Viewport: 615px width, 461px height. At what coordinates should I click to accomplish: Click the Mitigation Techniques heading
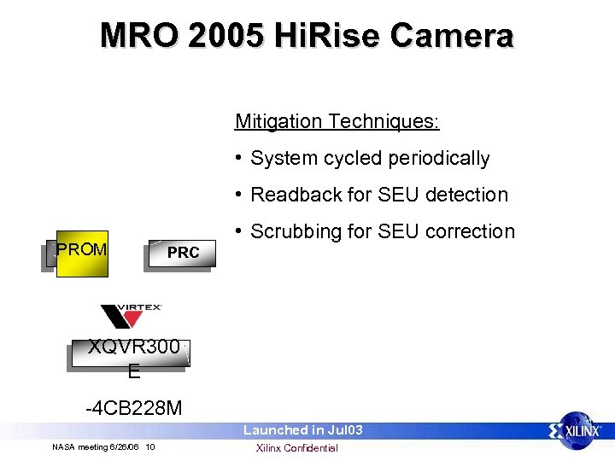coord(337,122)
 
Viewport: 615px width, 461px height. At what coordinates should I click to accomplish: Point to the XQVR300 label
coord(134,347)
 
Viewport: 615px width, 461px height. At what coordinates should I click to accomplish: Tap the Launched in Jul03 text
coord(303,430)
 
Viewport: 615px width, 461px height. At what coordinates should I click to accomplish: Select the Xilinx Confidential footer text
coord(297,448)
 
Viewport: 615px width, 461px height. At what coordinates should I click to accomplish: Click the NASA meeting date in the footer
coord(96,447)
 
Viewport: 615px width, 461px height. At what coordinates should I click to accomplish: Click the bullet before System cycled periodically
coord(241,159)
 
